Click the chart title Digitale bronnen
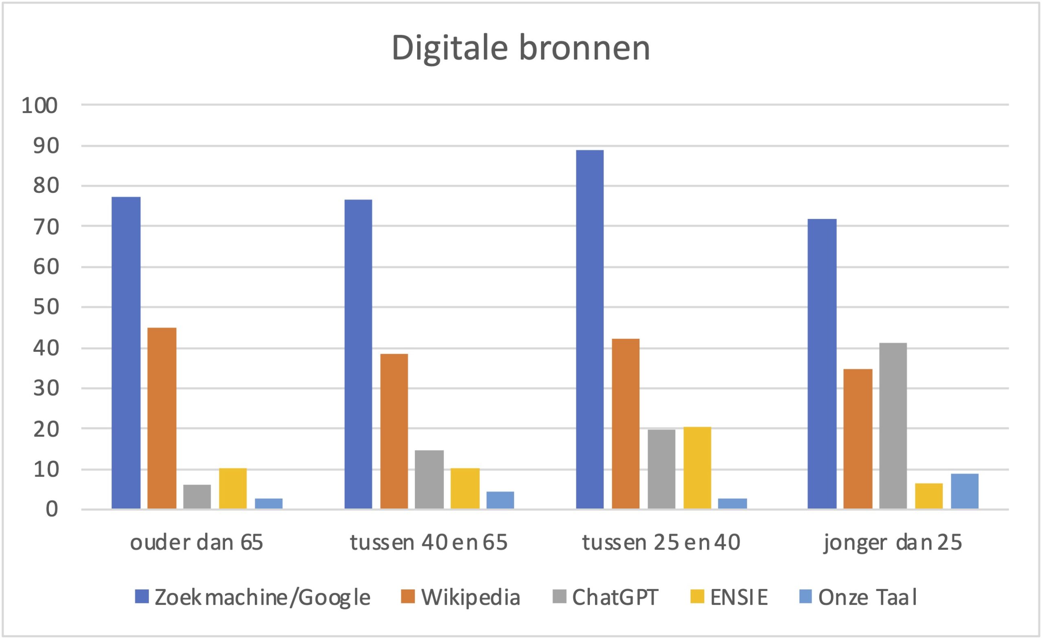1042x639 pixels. [x=521, y=48]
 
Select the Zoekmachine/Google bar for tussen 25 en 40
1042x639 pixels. [x=589, y=329]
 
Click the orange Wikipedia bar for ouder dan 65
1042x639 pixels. [x=162, y=419]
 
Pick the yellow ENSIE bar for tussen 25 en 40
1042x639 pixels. [x=697, y=468]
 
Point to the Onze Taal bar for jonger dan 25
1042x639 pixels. [x=965, y=491]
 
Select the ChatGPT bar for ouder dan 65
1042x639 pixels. [x=197, y=497]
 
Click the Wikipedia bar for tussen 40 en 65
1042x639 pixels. [x=394, y=431]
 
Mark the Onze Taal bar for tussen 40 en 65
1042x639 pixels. [x=500, y=500]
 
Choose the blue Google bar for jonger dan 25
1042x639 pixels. [x=822, y=364]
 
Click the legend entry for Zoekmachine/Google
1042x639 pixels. [x=252, y=597]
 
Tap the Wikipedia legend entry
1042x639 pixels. [x=461, y=597]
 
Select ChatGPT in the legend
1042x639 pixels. [x=605, y=597]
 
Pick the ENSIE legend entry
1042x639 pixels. [x=729, y=597]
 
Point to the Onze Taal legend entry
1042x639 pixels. [x=858, y=597]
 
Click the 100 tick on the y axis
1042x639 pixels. [x=39, y=106]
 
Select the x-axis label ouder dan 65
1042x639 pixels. [x=197, y=543]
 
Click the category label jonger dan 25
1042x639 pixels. [x=893, y=543]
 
